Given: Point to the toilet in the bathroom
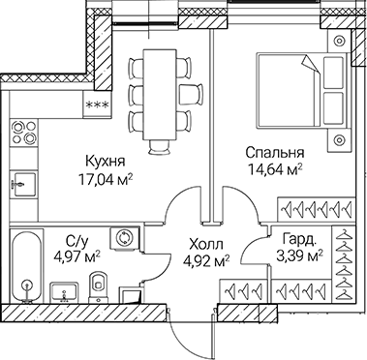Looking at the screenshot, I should pyautogui.click(x=98, y=285).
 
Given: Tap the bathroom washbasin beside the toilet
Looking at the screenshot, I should pyautogui.click(x=62, y=288).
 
